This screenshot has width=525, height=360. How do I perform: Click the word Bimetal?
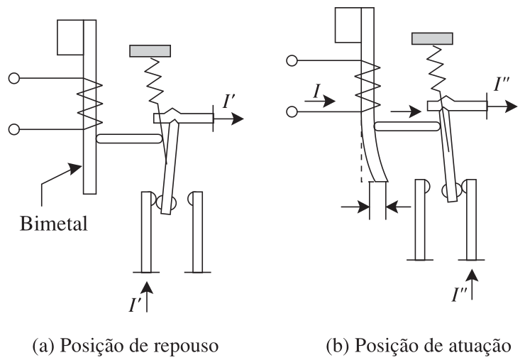54,223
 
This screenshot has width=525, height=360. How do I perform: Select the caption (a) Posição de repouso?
126,346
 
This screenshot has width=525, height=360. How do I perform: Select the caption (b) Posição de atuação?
419,346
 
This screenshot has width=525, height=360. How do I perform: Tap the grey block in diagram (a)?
150,51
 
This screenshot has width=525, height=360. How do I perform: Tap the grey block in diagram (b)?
432,38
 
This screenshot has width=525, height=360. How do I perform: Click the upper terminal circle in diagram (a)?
14,78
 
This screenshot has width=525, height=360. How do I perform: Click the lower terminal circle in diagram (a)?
14,129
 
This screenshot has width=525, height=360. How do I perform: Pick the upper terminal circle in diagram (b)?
292,60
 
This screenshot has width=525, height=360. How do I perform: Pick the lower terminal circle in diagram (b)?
292,111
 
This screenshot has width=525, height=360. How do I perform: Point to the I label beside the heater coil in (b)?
316,91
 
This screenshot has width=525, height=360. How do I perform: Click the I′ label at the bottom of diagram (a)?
135,304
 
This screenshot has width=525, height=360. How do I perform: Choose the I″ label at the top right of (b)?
501,84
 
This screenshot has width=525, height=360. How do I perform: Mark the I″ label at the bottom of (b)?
460,294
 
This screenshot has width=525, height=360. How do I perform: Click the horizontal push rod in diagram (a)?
129,138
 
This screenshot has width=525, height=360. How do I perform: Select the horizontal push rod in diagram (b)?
407,126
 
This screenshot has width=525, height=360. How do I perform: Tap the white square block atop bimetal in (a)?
70,37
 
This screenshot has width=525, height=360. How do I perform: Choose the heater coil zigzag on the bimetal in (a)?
89,104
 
